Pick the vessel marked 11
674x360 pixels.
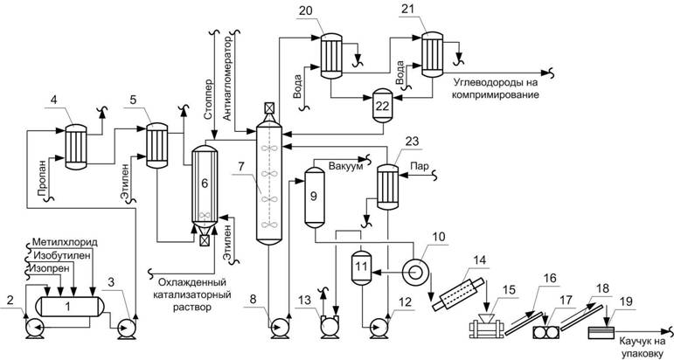[360, 267]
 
